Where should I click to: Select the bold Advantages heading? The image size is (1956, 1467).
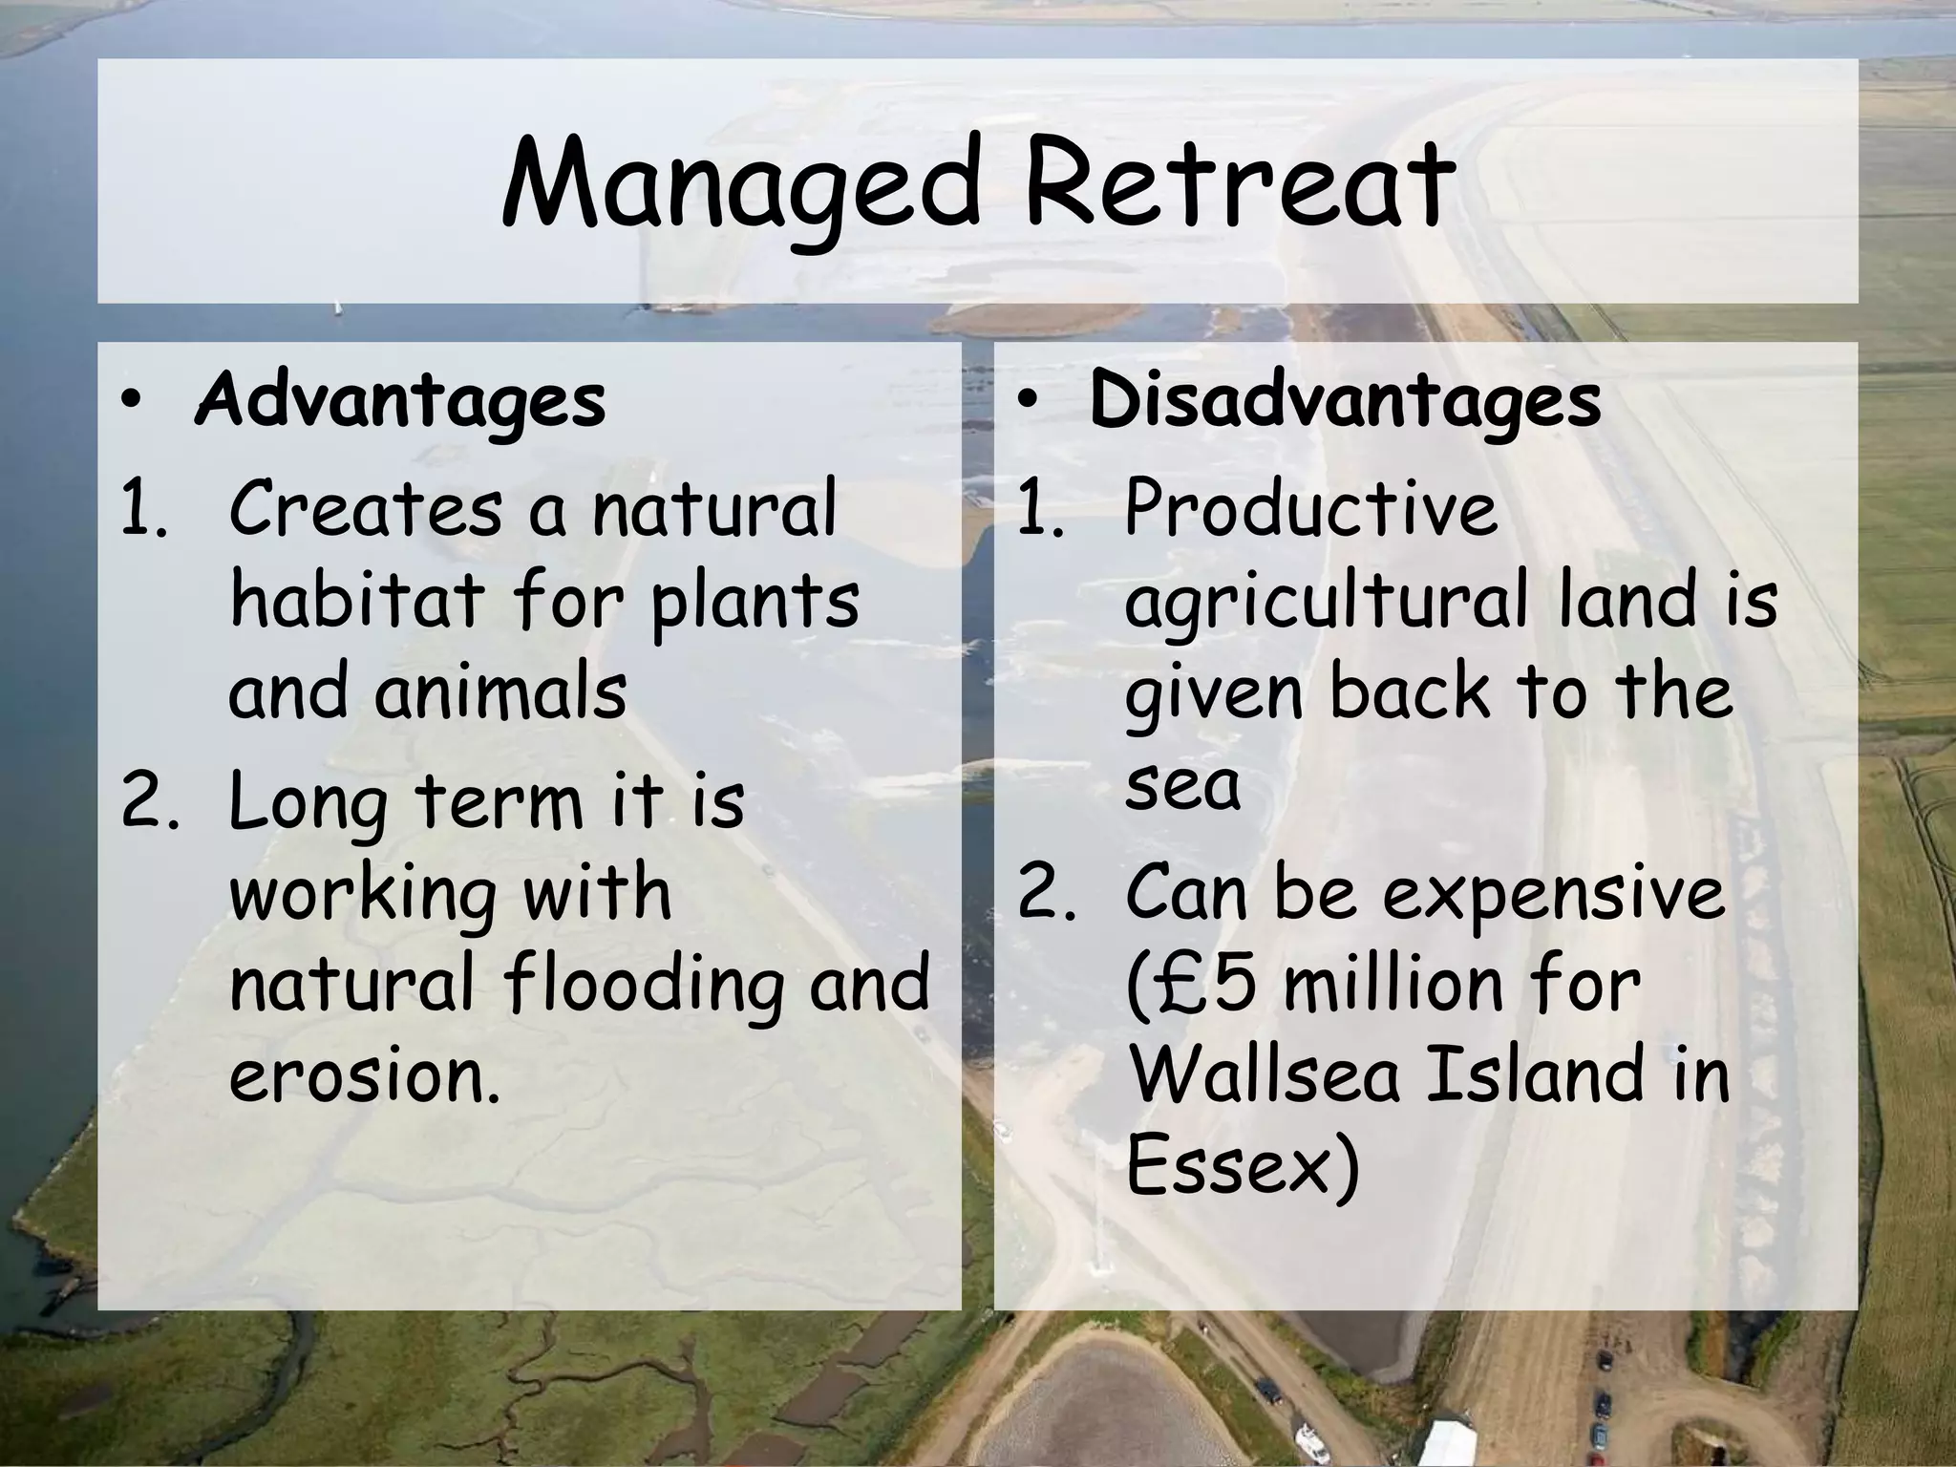coord(399,400)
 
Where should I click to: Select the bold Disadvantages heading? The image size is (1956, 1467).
coord(1345,400)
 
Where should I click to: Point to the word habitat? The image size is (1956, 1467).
coord(356,601)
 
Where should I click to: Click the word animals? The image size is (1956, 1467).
coord(500,691)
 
